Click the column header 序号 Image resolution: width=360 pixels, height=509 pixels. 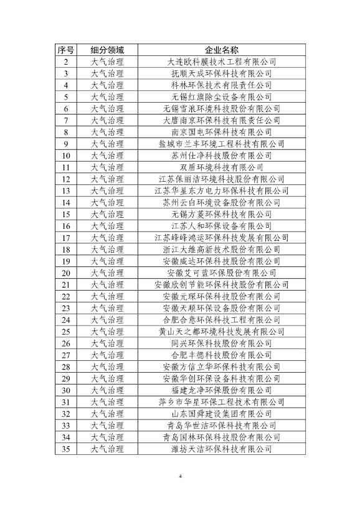tap(65, 50)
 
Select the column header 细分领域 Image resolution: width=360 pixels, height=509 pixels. tap(107, 50)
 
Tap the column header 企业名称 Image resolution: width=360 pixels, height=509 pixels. tap(222, 50)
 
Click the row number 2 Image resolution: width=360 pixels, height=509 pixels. tap(65, 62)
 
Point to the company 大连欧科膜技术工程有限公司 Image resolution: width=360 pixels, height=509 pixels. tap(222, 62)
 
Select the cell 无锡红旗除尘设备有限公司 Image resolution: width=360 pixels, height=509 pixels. tap(222, 96)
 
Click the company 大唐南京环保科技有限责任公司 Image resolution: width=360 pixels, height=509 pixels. tap(222, 120)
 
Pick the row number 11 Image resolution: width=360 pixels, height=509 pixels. tap(65, 167)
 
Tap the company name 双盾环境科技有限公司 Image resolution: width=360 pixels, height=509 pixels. tap(222, 167)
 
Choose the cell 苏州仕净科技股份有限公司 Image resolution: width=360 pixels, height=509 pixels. tap(222, 155)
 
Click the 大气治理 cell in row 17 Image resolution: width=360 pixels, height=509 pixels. tap(107, 237)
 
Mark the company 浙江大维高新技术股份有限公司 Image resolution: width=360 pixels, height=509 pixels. tap(222, 249)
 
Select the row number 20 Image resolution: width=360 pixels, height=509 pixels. tap(65, 273)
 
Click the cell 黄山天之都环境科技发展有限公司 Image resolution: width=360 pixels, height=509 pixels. tap(222, 331)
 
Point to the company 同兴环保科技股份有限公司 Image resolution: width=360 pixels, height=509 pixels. tap(222, 343)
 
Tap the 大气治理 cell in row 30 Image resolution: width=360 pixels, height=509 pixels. tap(107, 390)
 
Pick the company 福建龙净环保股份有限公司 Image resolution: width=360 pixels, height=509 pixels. tap(222, 390)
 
